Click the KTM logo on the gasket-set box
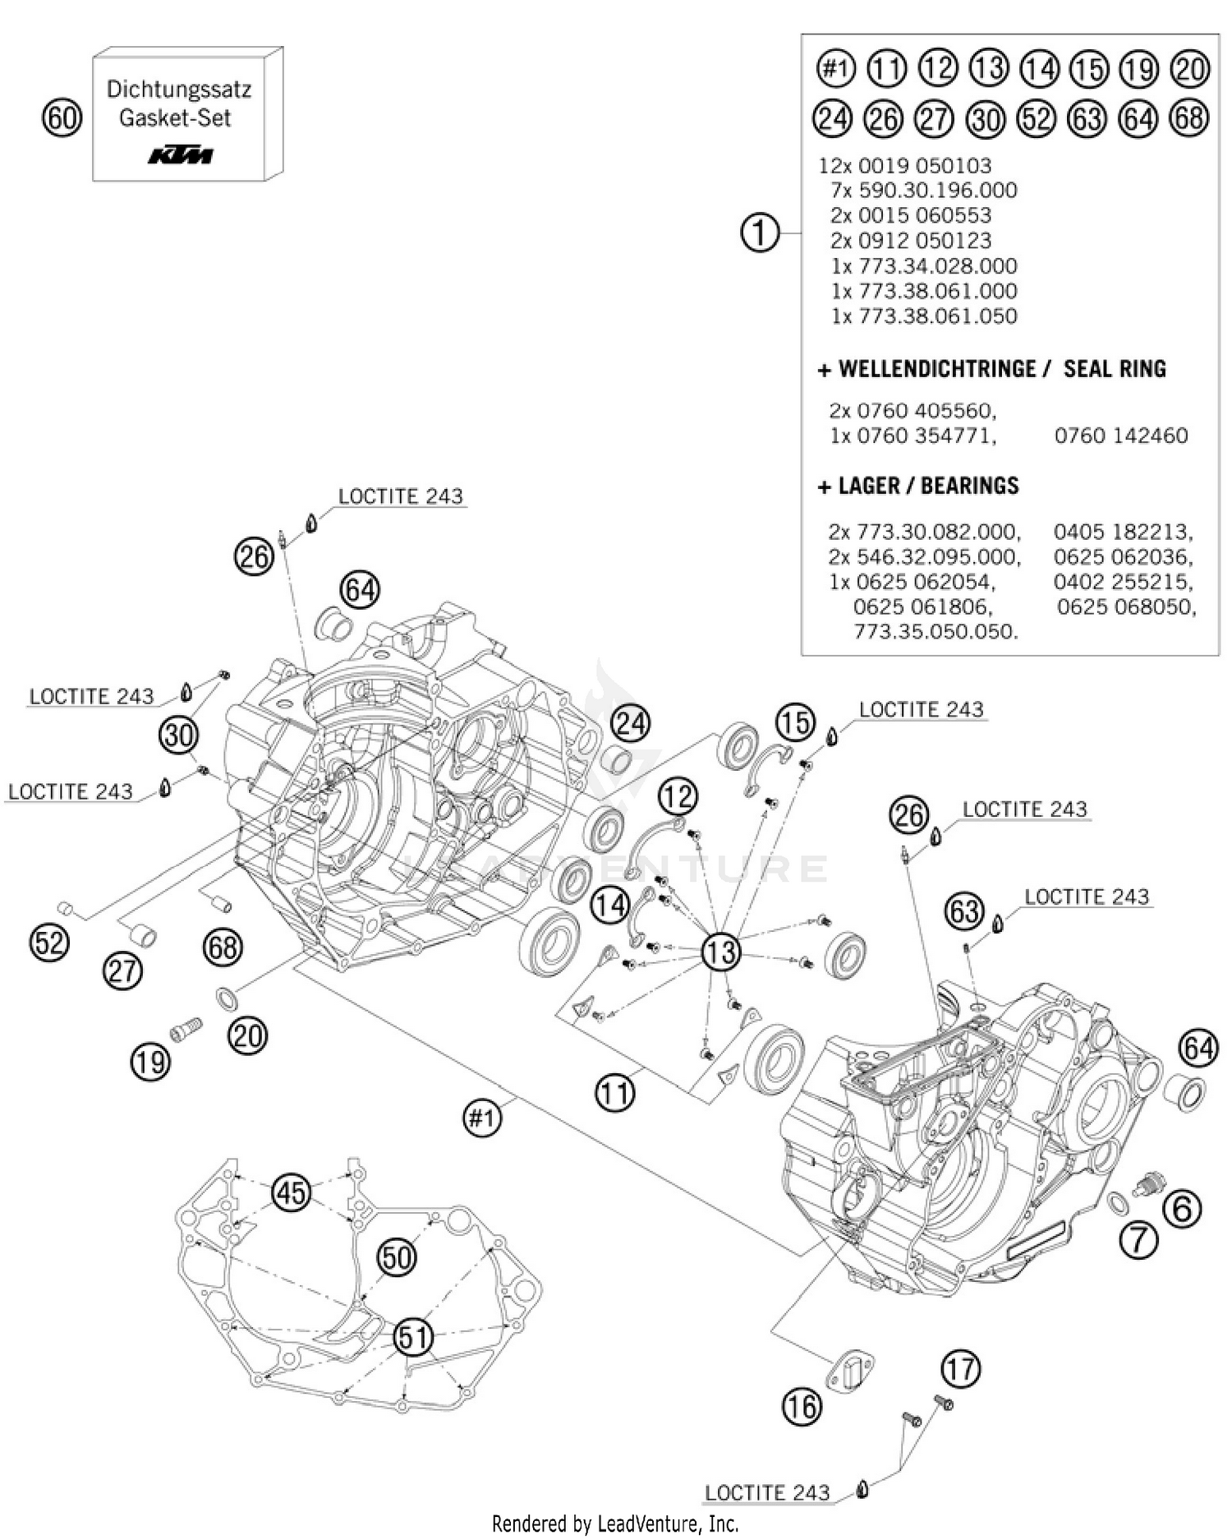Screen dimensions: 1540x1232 [x=181, y=154]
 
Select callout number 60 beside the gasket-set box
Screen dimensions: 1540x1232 [x=62, y=118]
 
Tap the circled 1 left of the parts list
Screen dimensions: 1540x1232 [x=760, y=233]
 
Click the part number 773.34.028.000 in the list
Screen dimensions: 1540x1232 [x=924, y=265]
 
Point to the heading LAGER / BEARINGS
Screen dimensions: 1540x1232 [x=918, y=486]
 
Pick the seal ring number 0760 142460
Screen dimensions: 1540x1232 [x=1120, y=435]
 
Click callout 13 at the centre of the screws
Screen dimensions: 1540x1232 [x=720, y=952]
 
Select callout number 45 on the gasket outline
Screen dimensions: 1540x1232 [x=292, y=1192]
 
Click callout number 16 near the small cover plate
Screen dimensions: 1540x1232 [x=801, y=1407]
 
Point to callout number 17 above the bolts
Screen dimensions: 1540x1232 [x=960, y=1369]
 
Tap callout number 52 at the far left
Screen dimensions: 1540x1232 [x=49, y=942]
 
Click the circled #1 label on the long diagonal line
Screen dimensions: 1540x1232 [x=482, y=1118]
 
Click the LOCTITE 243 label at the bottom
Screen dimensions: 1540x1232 [x=767, y=1492]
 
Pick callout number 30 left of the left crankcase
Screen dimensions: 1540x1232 [x=178, y=734]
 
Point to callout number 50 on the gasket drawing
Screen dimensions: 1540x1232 [x=397, y=1257]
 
